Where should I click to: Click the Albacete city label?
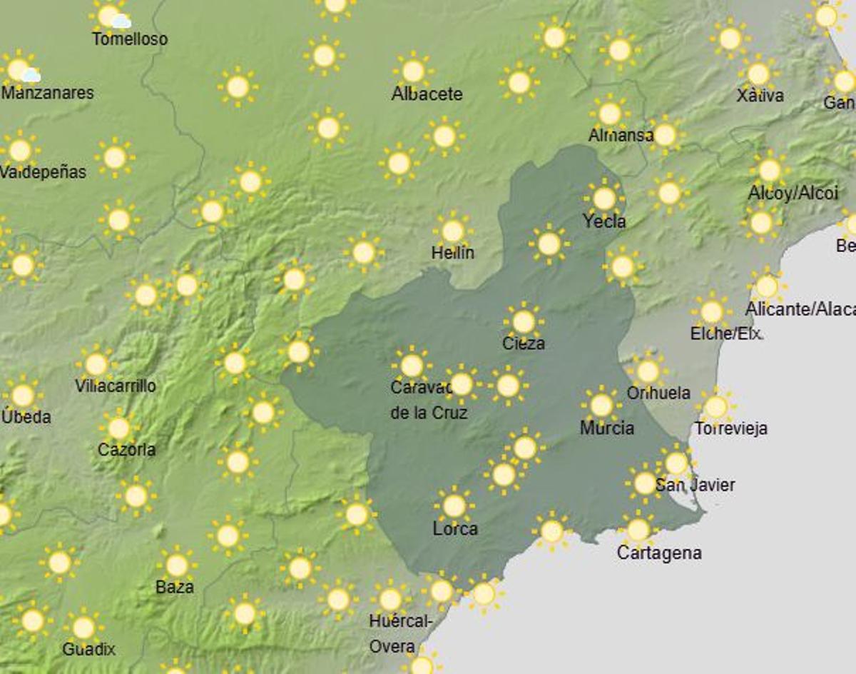tap(427, 94)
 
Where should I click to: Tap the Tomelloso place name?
tap(130, 39)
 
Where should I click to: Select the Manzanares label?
tap(48, 93)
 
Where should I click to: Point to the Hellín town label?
tap(452, 253)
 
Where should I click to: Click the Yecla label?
tap(604, 222)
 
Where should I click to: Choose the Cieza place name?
tap(523, 343)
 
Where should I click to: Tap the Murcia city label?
tap(606, 428)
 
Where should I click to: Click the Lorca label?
tap(455, 529)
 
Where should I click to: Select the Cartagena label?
tap(659, 553)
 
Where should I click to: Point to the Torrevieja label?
tap(731, 429)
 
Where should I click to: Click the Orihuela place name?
tap(658, 393)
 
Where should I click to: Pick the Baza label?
tap(175, 587)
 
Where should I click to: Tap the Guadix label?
tap(89, 650)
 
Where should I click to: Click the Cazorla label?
tap(127, 450)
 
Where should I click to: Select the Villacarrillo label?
tap(116, 386)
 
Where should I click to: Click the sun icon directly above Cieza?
tap(524, 322)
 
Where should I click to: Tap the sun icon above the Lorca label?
tap(454, 505)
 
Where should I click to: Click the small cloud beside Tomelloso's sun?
tap(121, 21)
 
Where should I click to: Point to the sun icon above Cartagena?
tap(638, 530)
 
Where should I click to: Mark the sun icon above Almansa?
tap(609, 113)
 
